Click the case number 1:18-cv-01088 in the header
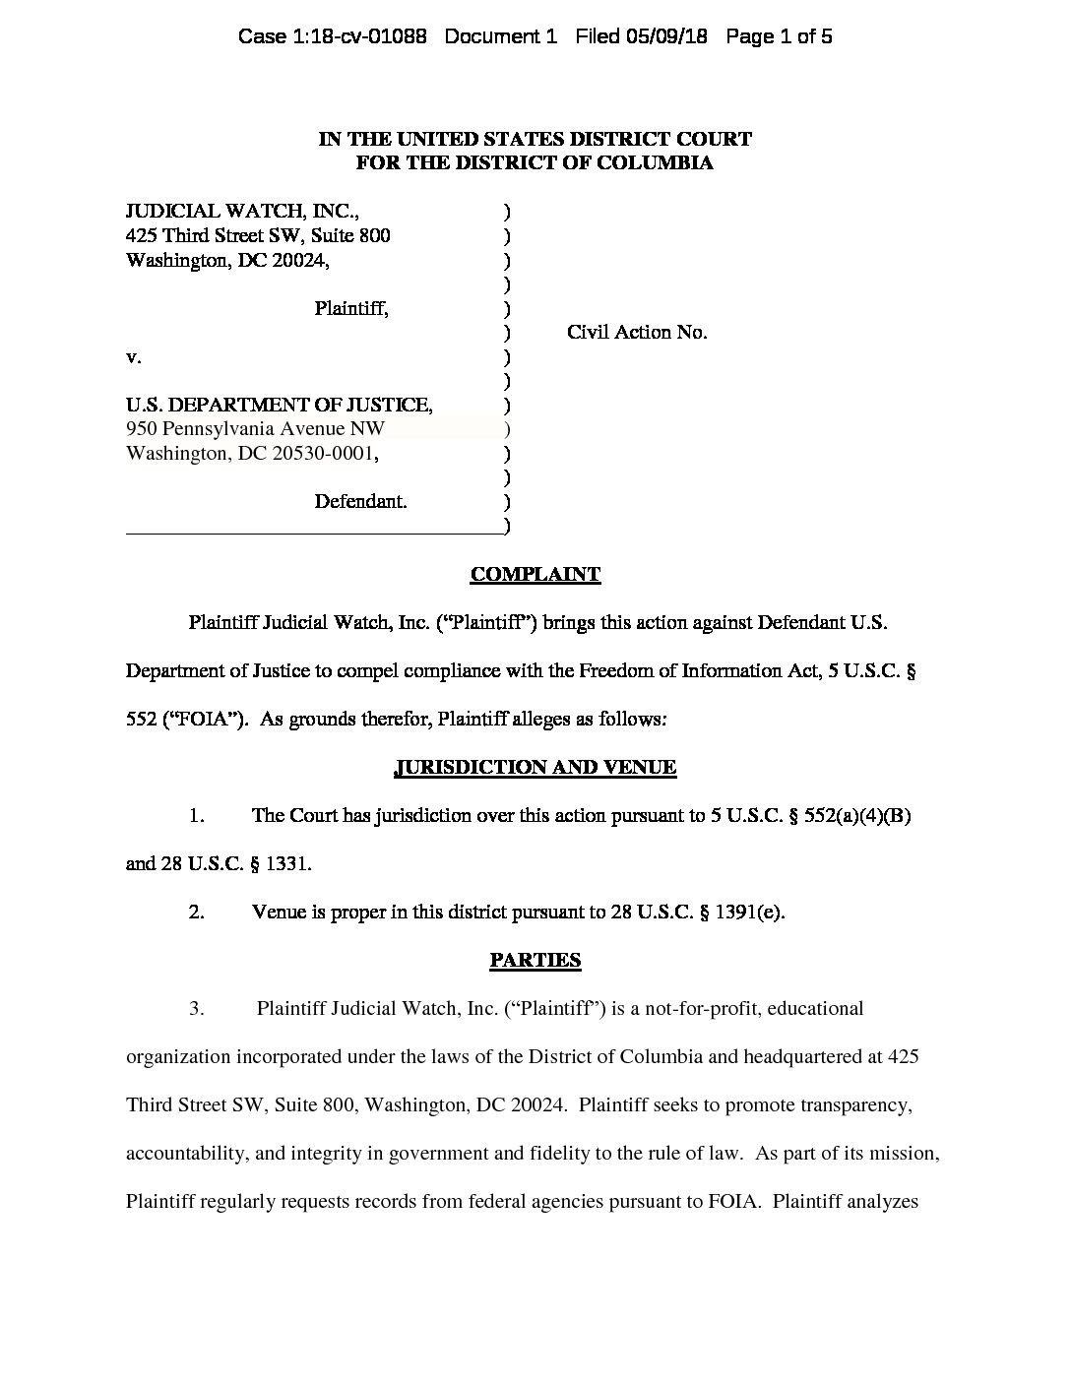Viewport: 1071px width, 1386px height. point(332,37)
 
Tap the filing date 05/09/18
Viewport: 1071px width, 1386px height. point(668,37)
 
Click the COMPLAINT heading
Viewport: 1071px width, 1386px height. point(535,575)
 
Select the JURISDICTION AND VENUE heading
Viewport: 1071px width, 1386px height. point(535,768)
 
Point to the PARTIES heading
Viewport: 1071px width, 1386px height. point(535,961)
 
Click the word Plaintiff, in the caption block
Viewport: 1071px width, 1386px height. point(351,309)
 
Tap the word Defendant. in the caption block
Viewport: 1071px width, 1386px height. point(360,502)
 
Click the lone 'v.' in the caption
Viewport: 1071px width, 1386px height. point(134,357)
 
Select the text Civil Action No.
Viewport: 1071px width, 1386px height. point(637,333)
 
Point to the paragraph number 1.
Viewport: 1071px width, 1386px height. point(197,816)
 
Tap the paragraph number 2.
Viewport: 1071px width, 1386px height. point(197,913)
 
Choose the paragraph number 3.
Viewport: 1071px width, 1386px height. point(197,1009)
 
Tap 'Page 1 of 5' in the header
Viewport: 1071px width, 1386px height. point(779,37)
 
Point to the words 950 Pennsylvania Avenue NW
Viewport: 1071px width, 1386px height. point(255,429)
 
